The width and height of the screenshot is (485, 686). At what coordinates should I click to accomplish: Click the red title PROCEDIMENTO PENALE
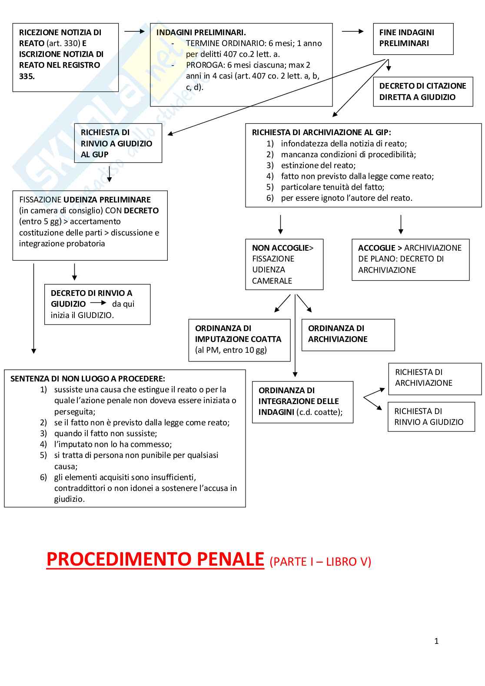(155, 559)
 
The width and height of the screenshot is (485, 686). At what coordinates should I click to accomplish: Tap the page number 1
(436, 641)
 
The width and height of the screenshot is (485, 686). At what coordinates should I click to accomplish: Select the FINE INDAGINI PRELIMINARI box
(413, 39)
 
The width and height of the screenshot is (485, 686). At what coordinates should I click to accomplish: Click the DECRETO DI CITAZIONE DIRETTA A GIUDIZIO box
(422, 92)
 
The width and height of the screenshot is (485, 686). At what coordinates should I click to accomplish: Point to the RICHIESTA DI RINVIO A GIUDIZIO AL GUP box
(118, 143)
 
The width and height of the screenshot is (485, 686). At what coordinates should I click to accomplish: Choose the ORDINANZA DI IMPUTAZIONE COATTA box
(239, 340)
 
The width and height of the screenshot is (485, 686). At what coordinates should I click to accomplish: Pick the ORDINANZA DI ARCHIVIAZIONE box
(348, 335)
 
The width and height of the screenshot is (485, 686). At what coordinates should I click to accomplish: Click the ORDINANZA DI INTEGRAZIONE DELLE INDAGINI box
(302, 402)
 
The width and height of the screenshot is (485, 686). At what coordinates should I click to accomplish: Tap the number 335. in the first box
(27, 76)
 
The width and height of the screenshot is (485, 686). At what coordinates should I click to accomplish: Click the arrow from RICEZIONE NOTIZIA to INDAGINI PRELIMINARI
(134, 31)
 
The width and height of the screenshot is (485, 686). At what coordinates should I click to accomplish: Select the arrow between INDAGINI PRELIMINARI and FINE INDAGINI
(352, 31)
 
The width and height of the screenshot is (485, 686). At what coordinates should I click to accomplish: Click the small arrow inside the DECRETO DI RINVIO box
(98, 303)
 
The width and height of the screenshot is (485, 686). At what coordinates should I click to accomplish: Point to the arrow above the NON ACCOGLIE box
(280, 225)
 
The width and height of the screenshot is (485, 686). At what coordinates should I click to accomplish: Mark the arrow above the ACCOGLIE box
(401, 225)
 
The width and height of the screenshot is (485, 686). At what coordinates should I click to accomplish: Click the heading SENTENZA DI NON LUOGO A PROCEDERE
(88, 379)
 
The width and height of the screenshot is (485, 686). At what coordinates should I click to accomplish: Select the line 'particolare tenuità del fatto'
(332, 187)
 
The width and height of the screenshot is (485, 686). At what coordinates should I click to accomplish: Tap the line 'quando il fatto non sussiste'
(106, 434)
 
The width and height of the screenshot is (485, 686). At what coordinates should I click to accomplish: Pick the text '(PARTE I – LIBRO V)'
(320, 562)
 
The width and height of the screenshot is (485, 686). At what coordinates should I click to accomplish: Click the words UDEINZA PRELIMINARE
(107, 200)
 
